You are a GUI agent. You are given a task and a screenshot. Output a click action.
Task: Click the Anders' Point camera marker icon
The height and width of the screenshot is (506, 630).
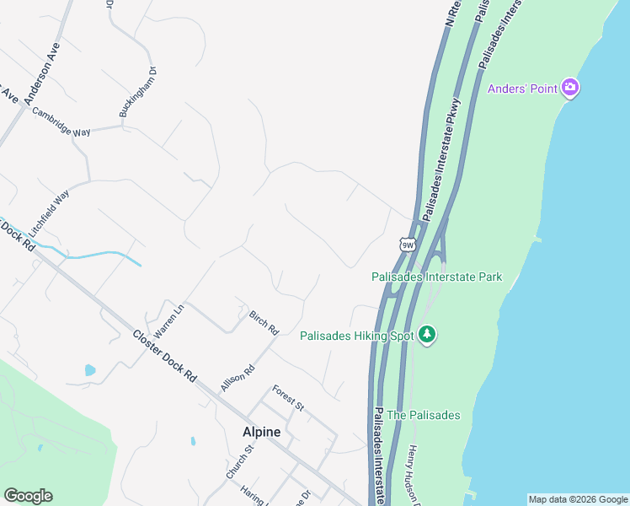click(570, 88)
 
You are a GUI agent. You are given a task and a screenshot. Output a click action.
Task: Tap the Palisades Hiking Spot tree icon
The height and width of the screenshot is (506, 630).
click(428, 335)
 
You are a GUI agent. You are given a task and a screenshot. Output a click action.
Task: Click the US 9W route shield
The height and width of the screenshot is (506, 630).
click(408, 245)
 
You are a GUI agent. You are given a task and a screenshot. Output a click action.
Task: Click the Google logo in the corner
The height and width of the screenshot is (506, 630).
click(28, 496)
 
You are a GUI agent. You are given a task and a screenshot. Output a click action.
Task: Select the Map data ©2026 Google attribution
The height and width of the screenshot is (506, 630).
click(577, 499)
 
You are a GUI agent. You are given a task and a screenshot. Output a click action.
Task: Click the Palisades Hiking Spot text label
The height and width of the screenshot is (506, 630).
click(358, 336)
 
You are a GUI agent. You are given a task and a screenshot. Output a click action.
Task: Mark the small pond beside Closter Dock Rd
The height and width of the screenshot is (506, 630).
click(90, 369)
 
